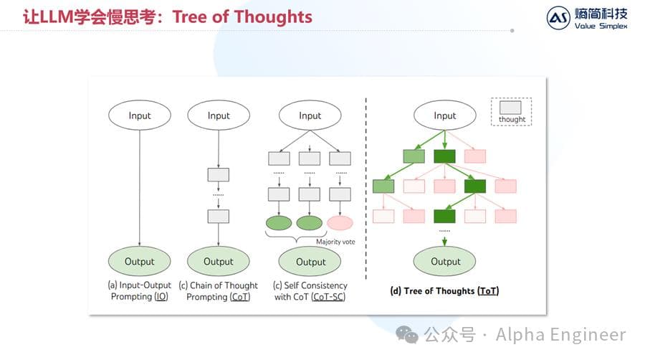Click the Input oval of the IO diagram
coord(140,115)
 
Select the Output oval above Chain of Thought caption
coord(218,261)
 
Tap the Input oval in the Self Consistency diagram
coord(310,115)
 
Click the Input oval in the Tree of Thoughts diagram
coord(444,115)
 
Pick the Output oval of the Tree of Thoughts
coord(445,261)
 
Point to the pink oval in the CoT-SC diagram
coord(340,223)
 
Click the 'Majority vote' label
coord(335,242)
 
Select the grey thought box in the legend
coord(512,108)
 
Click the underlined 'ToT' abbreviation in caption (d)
coord(489,291)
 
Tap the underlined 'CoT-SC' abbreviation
coord(328,297)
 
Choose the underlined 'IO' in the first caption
coord(161,297)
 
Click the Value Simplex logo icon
coord(558,17)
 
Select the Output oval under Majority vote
coord(310,261)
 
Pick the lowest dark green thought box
coord(445,215)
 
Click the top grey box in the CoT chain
coord(218,174)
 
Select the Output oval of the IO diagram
coord(140,261)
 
